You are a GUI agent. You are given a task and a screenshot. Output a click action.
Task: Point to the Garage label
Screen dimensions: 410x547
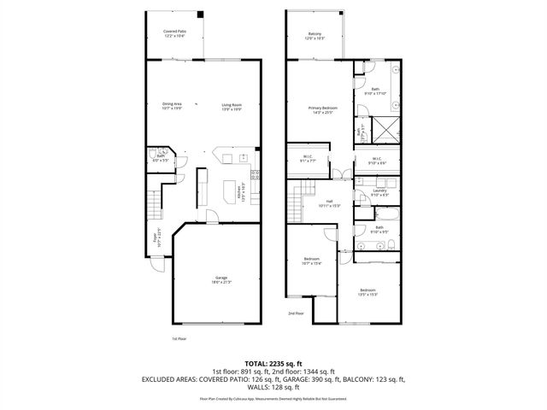click(x=221, y=280)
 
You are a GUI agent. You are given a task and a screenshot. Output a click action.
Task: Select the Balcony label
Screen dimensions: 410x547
click(x=315, y=36)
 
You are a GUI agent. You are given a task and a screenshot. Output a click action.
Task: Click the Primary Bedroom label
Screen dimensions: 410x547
click(x=323, y=109)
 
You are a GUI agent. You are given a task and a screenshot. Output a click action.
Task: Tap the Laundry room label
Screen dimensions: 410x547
click(x=379, y=193)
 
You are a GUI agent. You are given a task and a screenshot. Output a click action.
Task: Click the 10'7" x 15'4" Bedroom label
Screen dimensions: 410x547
click(x=312, y=261)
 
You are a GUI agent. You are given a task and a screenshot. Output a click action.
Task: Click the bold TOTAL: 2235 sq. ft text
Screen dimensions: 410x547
click(x=273, y=362)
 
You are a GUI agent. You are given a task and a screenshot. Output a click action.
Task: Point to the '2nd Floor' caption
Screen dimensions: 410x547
click(x=296, y=313)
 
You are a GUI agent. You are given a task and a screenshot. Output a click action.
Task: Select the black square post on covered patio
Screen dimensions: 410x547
click(x=201, y=15)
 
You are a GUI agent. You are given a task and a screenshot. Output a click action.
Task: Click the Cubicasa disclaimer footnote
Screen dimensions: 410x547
click(x=273, y=398)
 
